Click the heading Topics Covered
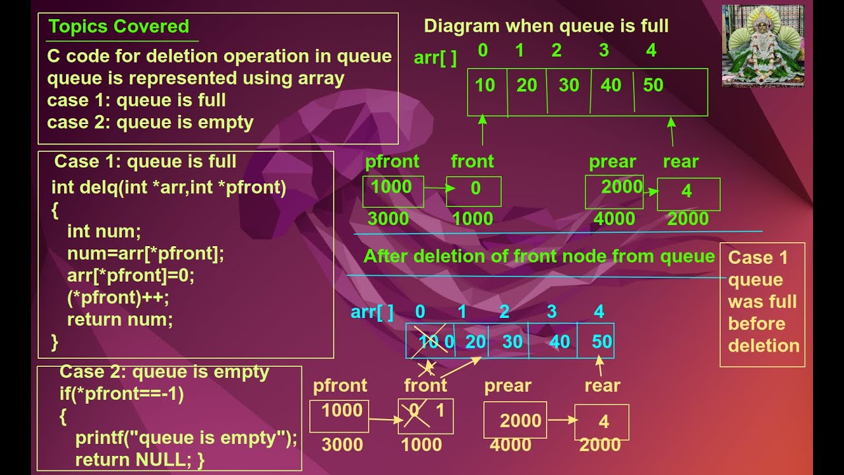tap(119, 26)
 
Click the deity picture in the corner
tap(762, 46)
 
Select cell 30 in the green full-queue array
tap(568, 86)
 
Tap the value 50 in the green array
tap(653, 86)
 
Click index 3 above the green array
tap(603, 51)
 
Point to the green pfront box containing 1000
tap(393, 191)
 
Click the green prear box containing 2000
tap(614, 192)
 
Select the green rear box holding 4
tap(688, 193)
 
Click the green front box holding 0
tap(474, 191)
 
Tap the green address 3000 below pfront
tap(388, 219)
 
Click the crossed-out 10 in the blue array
tap(429, 342)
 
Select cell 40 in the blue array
tap(559, 342)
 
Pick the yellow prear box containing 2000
tap(515, 420)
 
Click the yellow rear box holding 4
tap(602, 422)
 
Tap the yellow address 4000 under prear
tap(510, 445)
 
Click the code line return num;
tap(119, 320)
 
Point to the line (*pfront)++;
tap(118, 298)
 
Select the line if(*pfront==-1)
tap(121, 395)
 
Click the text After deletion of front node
tap(538, 256)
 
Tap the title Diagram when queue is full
tap(546, 26)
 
